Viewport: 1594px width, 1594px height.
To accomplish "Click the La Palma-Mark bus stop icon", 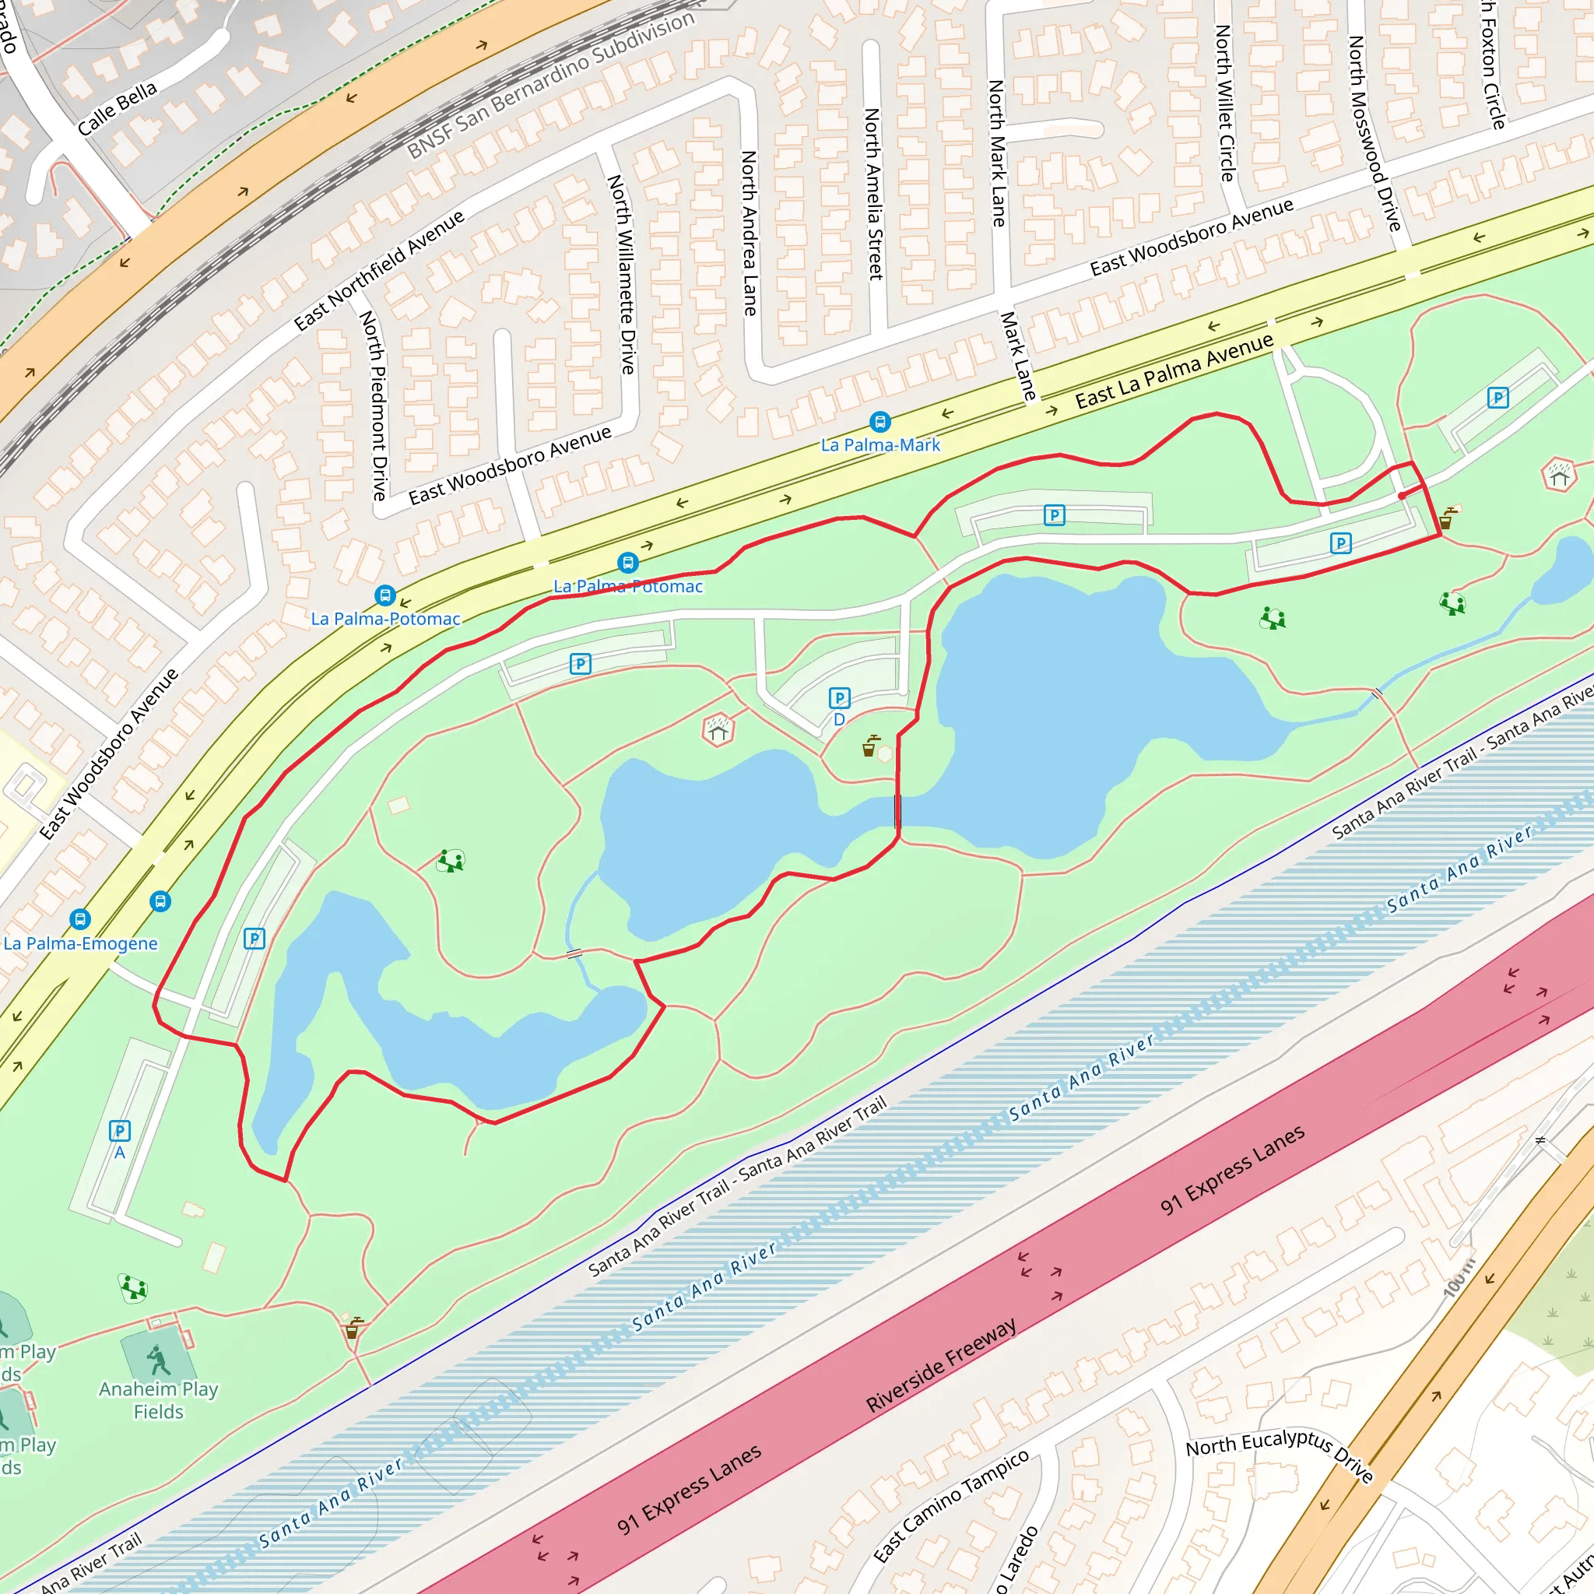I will (x=880, y=423).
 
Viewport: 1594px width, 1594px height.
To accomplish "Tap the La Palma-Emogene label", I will (x=80, y=943).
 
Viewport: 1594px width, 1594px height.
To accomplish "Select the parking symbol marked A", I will (x=120, y=1130).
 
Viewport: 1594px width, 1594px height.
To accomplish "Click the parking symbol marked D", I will (x=839, y=699).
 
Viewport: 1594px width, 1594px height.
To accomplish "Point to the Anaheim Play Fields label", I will (x=159, y=1400).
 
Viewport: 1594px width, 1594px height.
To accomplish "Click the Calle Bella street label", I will (x=118, y=109).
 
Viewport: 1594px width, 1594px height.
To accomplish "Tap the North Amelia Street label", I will (x=873, y=194).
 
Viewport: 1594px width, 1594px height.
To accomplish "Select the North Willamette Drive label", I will (x=621, y=274).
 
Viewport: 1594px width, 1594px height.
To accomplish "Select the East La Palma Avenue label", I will (x=1174, y=371).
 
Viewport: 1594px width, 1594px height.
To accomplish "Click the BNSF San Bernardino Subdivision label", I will (x=551, y=86).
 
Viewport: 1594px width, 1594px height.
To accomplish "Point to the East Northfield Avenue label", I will (x=380, y=271).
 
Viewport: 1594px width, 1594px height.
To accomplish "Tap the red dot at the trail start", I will (x=1402, y=496).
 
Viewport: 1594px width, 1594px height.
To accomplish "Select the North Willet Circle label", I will (x=1224, y=104).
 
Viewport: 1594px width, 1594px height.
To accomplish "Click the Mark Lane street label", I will (x=1017, y=356).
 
